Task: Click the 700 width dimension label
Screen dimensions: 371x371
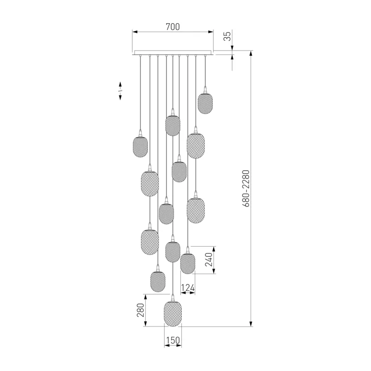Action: coord(173,27)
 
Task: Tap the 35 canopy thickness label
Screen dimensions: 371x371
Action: coord(227,36)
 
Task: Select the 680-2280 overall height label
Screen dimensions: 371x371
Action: coord(246,189)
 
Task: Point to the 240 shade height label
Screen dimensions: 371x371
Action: coord(209,260)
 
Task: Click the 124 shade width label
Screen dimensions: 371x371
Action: coord(188,288)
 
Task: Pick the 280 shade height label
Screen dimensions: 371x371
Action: coord(141,310)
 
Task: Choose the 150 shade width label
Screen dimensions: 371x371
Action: coord(173,340)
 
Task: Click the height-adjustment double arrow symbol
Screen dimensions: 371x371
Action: coord(120,91)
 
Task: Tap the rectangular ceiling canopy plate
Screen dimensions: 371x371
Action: coord(173,52)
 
